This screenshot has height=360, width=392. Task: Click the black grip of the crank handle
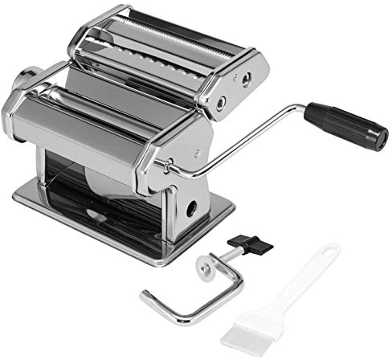(x=345, y=125)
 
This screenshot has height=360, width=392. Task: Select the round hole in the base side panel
(x=194, y=207)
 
